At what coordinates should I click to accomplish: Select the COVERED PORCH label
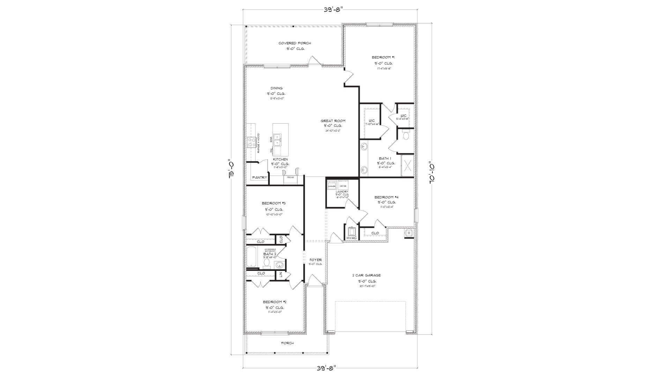pyautogui.click(x=295, y=43)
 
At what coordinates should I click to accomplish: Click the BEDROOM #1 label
pyautogui.click(x=383, y=57)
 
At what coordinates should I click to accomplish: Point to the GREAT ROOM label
pyautogui.click(x=333, y=121)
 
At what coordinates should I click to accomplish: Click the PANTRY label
pyautogui.click(x=259, y=178)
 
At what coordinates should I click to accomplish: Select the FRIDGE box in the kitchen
pyautogui.click(x=290, y=178)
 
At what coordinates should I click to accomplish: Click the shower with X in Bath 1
pyautogui.click(x=407, y=166)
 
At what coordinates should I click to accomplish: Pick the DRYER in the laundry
pyautogui.click(x=343, y=186)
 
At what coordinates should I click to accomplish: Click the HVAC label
pyautogui.click(x=351, y=238)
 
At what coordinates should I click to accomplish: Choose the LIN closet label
pyautogui.click(x=281, y=275)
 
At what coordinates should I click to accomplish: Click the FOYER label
pyautogui.click(x=315, y=260)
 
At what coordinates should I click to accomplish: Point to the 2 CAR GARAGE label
pyautogui.click(x=366, y=275)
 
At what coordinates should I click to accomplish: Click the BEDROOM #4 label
pyautogui.click(x=386, y=197)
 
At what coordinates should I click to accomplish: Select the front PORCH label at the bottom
pyautogui.click(x=287, y=343)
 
